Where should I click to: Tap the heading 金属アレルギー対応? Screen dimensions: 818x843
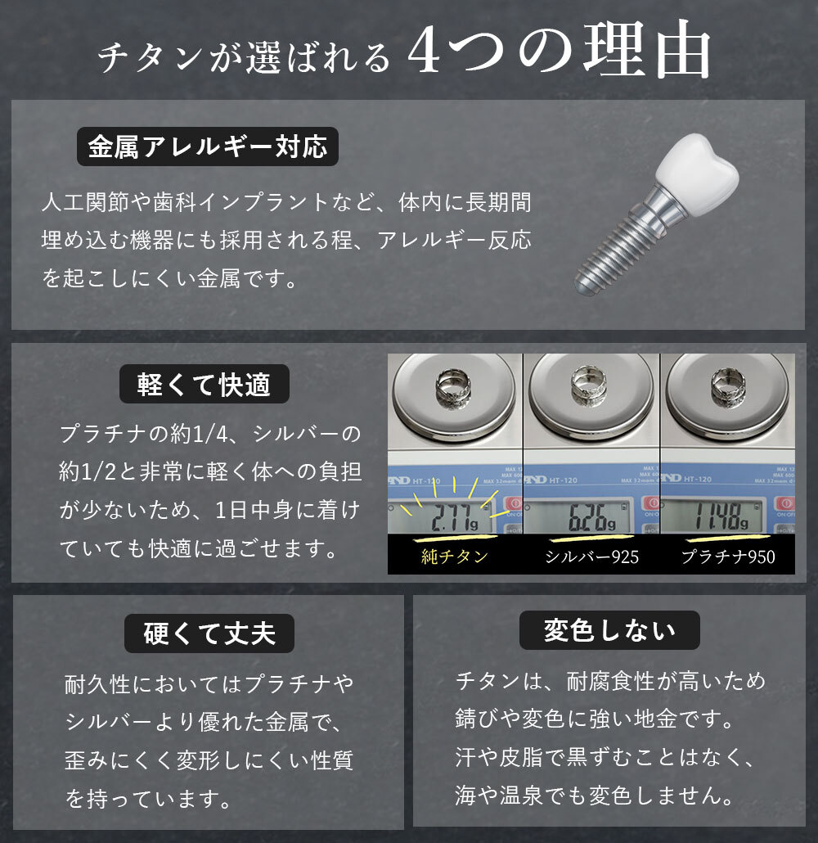click(208, 147)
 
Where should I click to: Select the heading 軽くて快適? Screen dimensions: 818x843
click(204, 385)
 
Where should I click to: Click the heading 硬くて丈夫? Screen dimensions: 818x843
click(209, 633)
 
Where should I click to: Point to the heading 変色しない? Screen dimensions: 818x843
click(609, 630)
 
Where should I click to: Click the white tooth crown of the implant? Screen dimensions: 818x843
click(696, 174)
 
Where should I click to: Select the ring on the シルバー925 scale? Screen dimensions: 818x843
click(588, 384)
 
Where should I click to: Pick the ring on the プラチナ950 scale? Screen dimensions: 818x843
click(727, 385)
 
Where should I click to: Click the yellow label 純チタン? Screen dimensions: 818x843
click(454, 557)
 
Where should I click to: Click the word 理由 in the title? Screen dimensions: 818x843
click(647, 50)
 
